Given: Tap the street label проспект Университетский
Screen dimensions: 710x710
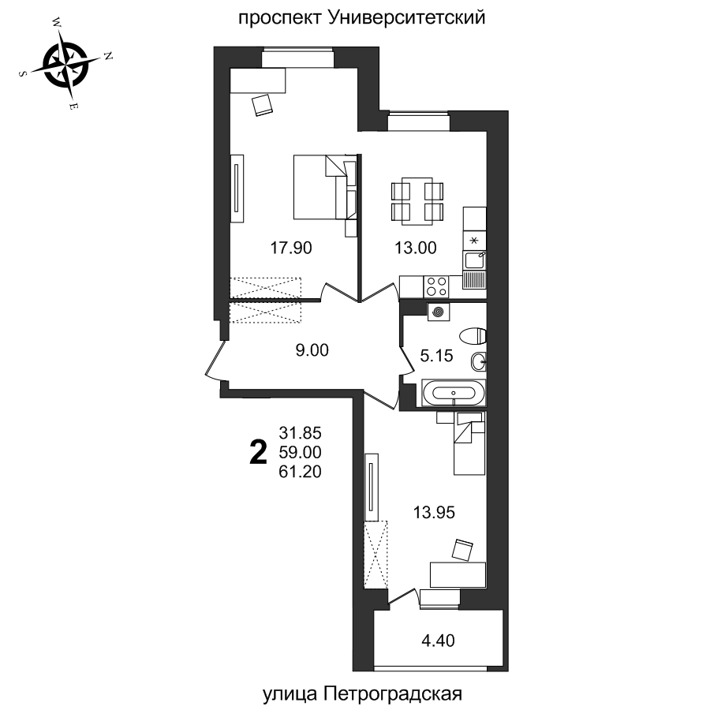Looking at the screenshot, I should (361, 17).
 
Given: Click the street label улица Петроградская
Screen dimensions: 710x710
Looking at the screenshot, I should (361, 693).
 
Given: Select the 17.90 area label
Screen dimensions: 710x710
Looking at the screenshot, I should (291, 248).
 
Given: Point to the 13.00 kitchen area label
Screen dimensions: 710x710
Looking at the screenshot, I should (415, 248).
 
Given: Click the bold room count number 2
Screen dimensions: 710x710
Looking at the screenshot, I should (256, 454).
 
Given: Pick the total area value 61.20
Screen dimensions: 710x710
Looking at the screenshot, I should (301, 472).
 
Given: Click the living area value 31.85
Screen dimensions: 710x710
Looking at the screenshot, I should (301, 432).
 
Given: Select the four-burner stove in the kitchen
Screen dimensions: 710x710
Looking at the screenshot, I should (436, 283).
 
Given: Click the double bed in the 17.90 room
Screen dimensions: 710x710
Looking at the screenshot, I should (323, 187).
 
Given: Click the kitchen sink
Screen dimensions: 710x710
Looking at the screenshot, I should (475, 259).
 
